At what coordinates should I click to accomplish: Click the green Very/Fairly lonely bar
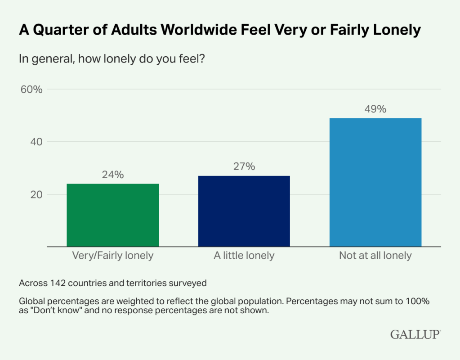coord(112,215)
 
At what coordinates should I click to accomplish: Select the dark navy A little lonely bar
coord(244,211)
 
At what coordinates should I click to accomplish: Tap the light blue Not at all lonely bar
coord(375,182)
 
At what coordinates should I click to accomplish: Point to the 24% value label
coord(112,175)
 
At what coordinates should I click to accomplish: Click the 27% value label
coord(244,166)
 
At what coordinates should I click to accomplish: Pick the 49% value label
coord(375,109)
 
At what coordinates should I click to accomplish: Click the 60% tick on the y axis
coord(31,89)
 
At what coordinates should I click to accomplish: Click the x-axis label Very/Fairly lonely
coord(112,256)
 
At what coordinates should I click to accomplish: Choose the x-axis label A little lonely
coord(244,256)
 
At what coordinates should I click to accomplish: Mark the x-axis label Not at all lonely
coord(375,256)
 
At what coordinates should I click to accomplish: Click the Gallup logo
coord(415,334)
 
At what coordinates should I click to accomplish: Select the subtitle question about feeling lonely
coord(112,58)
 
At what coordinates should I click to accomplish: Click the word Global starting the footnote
coord(31,300)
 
